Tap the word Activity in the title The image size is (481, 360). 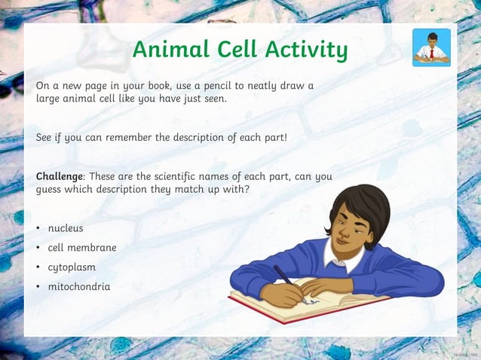[305, 50]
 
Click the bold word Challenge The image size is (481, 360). [60, 177]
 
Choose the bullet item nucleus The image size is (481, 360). [66, 227]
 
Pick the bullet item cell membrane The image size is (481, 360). [81, 247]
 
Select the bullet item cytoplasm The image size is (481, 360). [72, 267]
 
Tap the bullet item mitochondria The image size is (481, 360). [79, 286]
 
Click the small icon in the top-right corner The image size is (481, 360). [432, 47]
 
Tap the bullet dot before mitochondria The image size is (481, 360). [38, 287]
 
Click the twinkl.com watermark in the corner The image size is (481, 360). [466, 352]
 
